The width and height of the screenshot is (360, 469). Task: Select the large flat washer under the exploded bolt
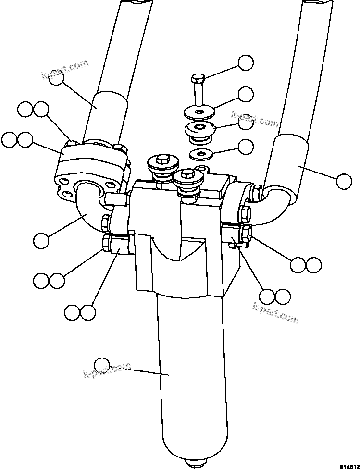pyautogui.click(x=199, y=113)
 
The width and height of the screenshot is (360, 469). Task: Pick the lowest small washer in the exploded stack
pyautogui.click(x=201, y=155)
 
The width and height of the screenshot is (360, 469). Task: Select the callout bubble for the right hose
pyautogui.click(x=344, y=182)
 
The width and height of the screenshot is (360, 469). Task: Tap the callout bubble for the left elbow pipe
pyautogui.click(x=41, y=241)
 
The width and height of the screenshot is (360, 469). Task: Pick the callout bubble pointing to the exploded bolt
pyautogui.click(x=246, y=63)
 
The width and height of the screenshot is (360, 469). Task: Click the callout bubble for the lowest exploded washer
pyautogui.click(x=246, y=147)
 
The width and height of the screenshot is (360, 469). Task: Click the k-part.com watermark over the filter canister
pyautogui.click(x=107, y=370)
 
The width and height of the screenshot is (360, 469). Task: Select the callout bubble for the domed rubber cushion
pyautogui.click(x=246, y=122)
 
